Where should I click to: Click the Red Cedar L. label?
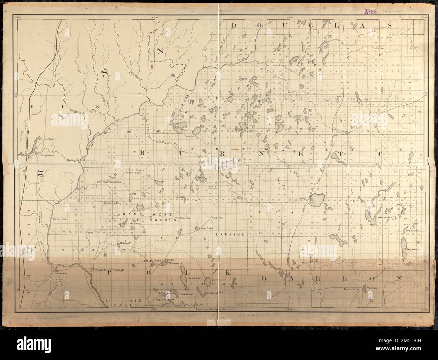point(412,249)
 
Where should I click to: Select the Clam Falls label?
point(218,217)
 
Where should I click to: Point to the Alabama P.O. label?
point(126,243)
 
